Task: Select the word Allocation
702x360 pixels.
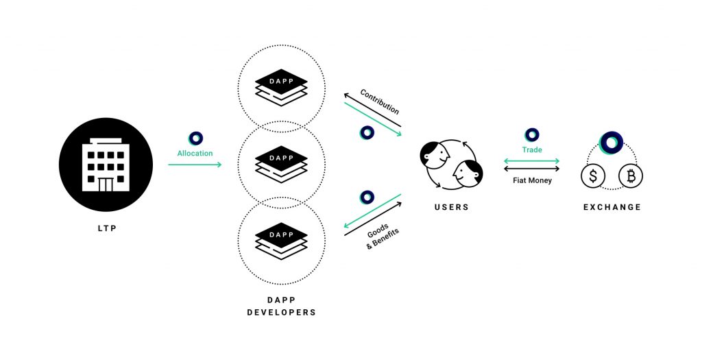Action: pyautogui.click(x=195, y=154)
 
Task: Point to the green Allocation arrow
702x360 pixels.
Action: pyautogui.click(x=195, y=165)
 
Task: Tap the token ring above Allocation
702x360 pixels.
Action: pyautogui.click(x=195, y=138)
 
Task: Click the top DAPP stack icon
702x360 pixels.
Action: pyautogui.click(x=281, y=87)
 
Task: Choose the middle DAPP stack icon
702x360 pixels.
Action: pyautogui.click(x=281, y=163)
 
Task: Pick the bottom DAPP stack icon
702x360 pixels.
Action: pyautogui.click(x=281, y=240)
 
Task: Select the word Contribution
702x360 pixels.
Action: pyautogui.click(x=379, y=101)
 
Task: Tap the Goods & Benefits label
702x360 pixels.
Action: pyautogui.click(x=381, y=236)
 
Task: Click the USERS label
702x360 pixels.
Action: pyautogui.click(x=451, y=207)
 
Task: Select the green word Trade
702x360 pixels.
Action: pyautogui.click(x=531, y=150)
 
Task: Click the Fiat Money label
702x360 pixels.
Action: pyautogui.click(x=531, y=180)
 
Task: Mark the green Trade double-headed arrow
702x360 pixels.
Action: pyautogui.click(x=531, y=161)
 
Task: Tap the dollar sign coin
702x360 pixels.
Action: pyautogui.click(x=592, y=176)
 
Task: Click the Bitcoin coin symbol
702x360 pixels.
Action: pyautogui.click(x=630, y=176)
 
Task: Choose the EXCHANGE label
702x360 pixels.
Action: pyautogui.click(x=612, y=207)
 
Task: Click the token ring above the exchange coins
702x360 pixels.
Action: pyautogui.click(x=610, y=143)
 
